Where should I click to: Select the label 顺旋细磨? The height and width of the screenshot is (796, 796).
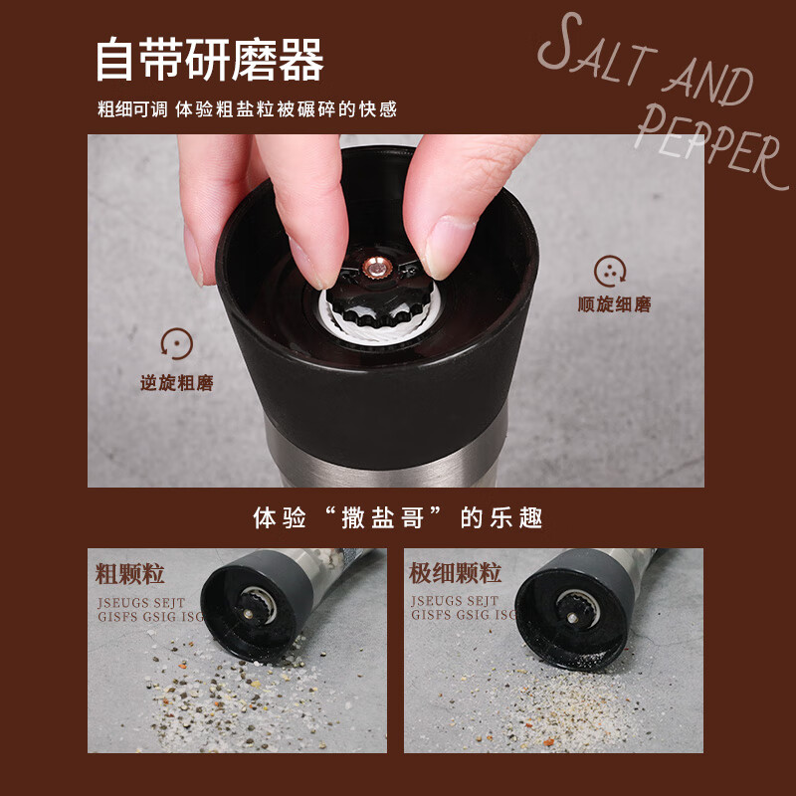tap(614, 304)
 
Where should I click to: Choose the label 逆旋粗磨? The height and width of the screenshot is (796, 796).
tap(177, 382)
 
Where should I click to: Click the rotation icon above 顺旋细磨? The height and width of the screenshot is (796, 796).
tap(610, 271)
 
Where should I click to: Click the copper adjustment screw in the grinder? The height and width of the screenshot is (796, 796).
tap(376, 267)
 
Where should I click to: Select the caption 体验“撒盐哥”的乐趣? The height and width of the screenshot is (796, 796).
tap(397, 518)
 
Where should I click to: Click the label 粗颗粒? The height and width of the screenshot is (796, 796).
tap(129, 573)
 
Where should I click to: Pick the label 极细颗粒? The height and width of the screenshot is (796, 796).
tap(455, 573)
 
